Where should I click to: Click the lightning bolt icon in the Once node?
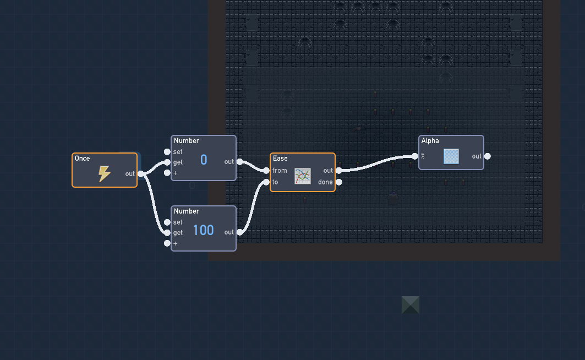[x=104, y=174]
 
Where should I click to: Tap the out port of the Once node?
[x=140, y=174]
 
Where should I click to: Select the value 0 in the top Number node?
[x=204, y=160]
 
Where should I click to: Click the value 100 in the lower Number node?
[x=203, y=230]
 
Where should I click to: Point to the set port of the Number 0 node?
[x=167, y=152]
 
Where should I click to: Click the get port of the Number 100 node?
[x=167, y=233]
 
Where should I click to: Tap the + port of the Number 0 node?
[x=167, y=173]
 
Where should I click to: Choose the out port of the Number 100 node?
[x=239, y=232]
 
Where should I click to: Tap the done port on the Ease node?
[x=338, y=182]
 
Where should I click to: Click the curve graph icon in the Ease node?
[x=303, y=176]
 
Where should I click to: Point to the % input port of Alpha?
[x=415, y=156]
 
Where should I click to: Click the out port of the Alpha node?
[x=487, y=156]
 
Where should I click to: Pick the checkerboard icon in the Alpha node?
[x=451, y=156]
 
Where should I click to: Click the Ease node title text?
[x=280, y=159]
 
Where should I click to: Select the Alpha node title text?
[x=430, y=141]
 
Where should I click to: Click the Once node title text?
[x=82, y=159]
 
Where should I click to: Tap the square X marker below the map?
[x=410, y=305]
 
